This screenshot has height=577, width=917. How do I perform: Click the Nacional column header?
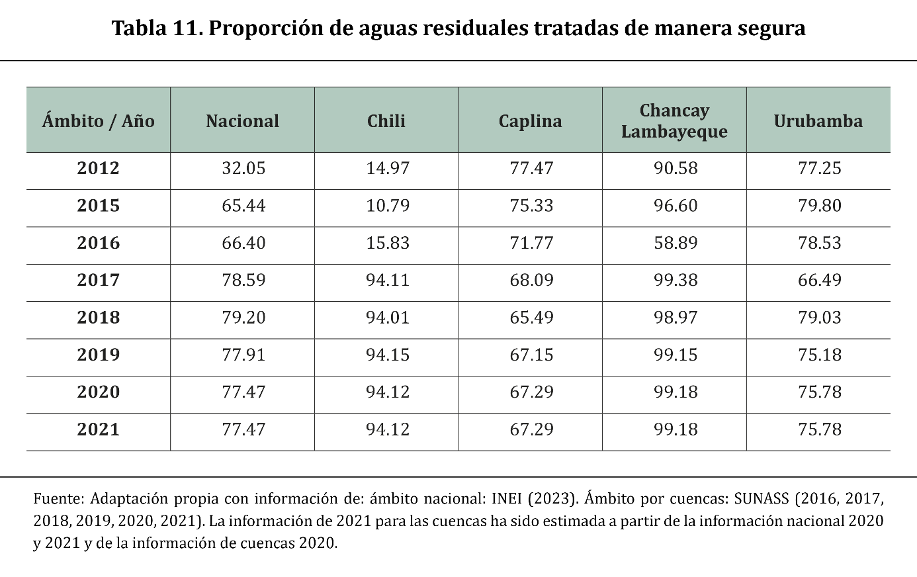coord(242,121)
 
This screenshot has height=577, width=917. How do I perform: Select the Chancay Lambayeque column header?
coord(674,121)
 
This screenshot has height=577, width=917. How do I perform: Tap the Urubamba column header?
coord(818,121)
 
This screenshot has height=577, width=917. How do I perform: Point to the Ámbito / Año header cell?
coord(98,121)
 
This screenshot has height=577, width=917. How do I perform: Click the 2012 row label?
coord(98,168)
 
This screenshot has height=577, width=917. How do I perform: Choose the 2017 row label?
coord(98,280)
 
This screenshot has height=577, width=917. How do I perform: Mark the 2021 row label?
coord(98,429)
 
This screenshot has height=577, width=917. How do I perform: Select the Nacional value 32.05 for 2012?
coord(243,168)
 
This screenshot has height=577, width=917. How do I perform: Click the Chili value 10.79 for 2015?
coord(388,206)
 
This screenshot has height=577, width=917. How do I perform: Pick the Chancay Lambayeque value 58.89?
coord(676,243)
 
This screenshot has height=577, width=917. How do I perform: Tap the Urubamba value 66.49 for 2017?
coord(820,280)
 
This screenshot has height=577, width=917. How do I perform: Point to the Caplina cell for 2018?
coord(531,318)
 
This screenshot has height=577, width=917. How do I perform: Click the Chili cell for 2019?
coord(388,355)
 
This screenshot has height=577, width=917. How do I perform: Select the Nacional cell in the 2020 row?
coord(243,392)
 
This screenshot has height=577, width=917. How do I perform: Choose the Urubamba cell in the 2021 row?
coord(820,429)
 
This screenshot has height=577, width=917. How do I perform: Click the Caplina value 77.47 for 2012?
coord(531,168)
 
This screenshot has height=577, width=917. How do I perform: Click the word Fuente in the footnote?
coord(58,498)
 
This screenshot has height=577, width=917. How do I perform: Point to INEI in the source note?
coord(506,498)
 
